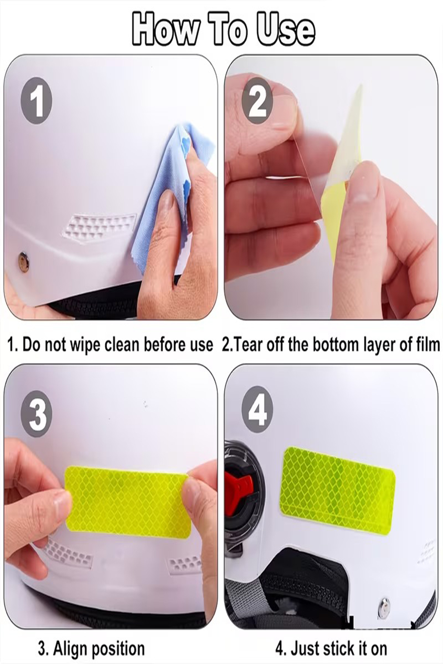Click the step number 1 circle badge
click(x=37, y=100)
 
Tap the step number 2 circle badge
click(x=257, y=100)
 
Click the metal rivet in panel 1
click(x=24, y=260)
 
